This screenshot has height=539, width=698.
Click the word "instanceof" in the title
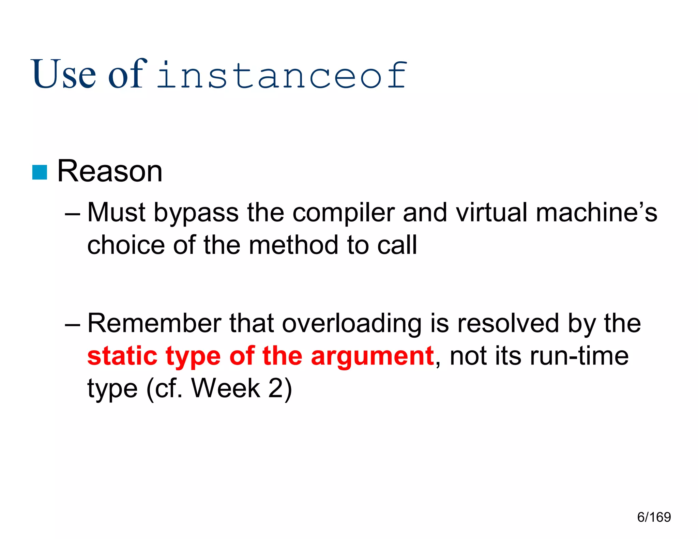pyautogui.click(x=282, y=76)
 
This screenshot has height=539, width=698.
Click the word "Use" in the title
pyautogui.click(x=64, y=74)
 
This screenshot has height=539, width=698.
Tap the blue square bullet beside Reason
pyautogui.click(x=40, y=172)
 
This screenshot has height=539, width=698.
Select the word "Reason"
pyautogui.click(x=110, y=171)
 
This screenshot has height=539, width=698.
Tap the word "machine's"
pyautogui.click(x=596, y=213)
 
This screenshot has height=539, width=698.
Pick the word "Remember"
pyautogui.click(x=154, y=323)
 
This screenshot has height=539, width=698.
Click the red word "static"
pyautogui.click(x=122, y=356)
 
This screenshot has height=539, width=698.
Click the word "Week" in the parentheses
pyautogui.click(x=226, y=388)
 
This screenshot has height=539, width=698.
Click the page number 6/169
pyautogui.click(x=654, y=517)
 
